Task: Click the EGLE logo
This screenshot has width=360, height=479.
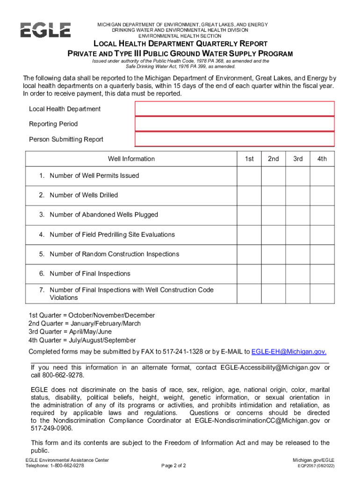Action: point(45,30)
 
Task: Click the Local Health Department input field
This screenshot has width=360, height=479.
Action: point(235,109)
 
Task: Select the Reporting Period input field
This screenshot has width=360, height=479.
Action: point(235,124)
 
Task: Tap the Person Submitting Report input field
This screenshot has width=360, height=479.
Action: point(235,139)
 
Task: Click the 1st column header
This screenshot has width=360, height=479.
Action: point(249,159)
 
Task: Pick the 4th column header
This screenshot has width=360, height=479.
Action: point(322,159)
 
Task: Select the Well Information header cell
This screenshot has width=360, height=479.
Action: point(131,159)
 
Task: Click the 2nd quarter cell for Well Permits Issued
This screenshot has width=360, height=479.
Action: point(274,176)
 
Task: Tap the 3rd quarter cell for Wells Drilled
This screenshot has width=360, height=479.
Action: point(298,196)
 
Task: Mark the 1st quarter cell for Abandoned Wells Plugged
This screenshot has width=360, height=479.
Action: point(249,215)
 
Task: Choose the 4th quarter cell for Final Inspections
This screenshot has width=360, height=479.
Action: point(322,274)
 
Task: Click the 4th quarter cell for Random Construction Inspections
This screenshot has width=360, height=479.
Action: point(322,254)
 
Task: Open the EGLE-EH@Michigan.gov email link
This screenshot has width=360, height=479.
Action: point(289,352)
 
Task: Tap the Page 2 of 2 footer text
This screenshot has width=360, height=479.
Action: point(173,466)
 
